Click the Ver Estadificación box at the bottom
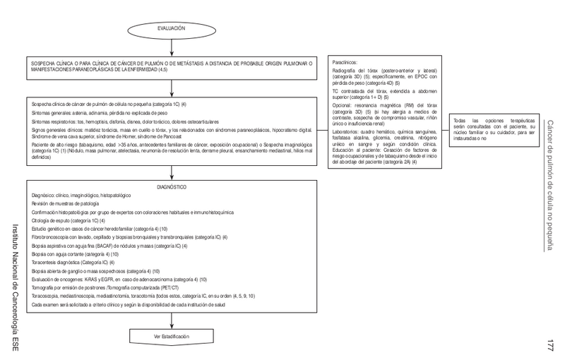coord(172,337)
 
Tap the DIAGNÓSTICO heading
coord(172,187)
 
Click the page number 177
coord(550,346)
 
